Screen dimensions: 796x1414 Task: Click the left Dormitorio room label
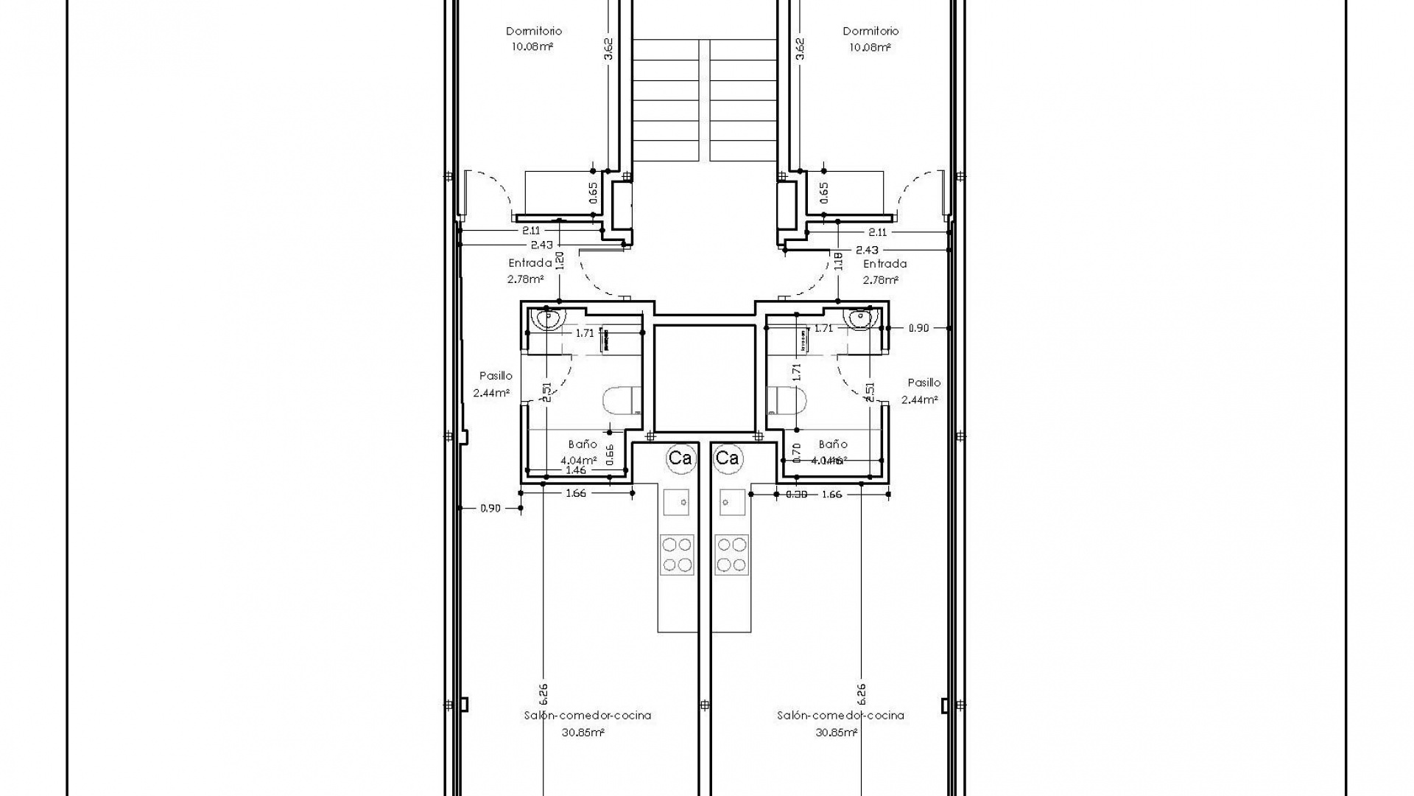coord(534,31)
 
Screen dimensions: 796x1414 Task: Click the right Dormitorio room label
coord(870,31)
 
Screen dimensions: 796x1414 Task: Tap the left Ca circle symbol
coord(680,458)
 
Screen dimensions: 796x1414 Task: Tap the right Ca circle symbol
coord(727,458)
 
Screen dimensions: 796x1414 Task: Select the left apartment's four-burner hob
coord(677,554)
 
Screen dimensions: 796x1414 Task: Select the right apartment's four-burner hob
coord(731,554)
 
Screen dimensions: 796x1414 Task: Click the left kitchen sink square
coord(677,502)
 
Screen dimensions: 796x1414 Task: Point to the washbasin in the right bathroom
coord(860,318)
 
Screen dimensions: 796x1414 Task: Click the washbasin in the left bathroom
coord(548,318)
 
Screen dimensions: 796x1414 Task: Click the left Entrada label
coord(530,263)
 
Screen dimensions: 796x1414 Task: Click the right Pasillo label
coord(924,383)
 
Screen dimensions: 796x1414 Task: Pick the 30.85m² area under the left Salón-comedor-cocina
coord(583,733)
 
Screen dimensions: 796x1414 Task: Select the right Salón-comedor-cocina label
coord(840,715)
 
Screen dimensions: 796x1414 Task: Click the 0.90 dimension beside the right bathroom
coord(918,328)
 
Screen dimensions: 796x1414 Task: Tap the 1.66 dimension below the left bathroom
coord(576,493)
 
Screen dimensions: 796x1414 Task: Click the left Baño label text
coord(583,444)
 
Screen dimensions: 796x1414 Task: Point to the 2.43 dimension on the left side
coord(541,245)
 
